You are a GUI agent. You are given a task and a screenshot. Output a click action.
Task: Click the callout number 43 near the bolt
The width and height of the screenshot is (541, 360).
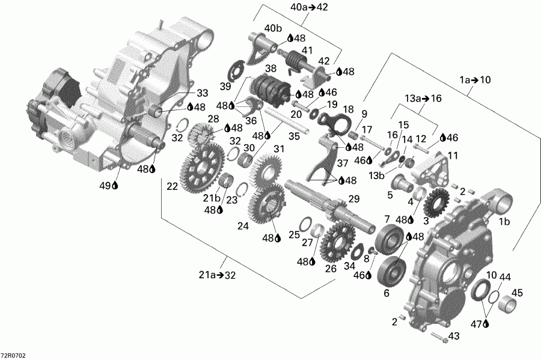click(454, 335)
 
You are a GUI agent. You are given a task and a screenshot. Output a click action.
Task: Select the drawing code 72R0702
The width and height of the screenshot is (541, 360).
click(13, 355)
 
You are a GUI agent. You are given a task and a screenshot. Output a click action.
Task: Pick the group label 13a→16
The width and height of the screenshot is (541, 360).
click(423, 97)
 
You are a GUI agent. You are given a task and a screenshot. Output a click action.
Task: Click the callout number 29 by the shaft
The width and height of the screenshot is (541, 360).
click(354, 198)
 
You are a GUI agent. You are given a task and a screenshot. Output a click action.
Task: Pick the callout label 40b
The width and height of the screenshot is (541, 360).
click(273, 28)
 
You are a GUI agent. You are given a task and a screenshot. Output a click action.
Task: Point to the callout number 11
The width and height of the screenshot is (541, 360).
click(451, 155)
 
